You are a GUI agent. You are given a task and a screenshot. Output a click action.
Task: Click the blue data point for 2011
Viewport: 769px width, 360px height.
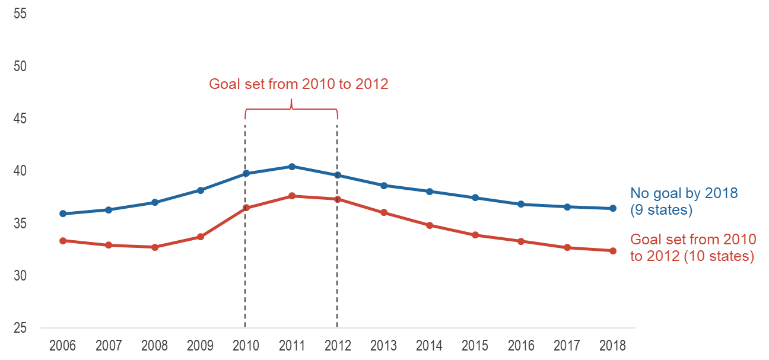(x=292, y=167)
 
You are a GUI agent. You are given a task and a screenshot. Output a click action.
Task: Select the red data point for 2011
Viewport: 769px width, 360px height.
(x=292, y=196)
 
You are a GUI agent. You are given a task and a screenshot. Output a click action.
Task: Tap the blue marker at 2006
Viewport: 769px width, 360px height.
(x=63, y=214)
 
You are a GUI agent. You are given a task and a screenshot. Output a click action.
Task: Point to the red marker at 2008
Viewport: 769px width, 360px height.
(x=155, y=247)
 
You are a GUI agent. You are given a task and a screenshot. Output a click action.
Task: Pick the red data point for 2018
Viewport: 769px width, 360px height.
(x=613, y=251)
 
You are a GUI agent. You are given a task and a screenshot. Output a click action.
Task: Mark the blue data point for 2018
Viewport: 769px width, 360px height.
(x=613, y=208)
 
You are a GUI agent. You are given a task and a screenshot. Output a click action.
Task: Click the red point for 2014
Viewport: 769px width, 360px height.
(x=430, y=225)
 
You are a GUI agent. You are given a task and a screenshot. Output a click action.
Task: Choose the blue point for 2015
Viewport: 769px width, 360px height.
(x=475, y=197)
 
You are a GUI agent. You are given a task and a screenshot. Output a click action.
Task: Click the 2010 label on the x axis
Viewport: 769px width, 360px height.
(x=246, y=346)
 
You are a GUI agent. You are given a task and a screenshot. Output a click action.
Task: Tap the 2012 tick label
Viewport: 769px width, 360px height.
(x=338, y=346)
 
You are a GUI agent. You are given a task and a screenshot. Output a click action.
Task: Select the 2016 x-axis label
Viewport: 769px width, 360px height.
(x=521, y=346)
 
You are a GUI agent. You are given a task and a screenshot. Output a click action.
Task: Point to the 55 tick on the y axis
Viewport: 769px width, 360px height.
(x=20, y=14)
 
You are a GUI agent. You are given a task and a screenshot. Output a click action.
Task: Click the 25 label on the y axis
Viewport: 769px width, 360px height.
(x=20, y=328)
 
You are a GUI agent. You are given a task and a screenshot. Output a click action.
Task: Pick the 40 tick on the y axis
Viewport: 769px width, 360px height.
(x=20, y=171)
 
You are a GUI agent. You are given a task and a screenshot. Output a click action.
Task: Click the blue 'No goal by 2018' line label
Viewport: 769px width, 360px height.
(x=684, y=193)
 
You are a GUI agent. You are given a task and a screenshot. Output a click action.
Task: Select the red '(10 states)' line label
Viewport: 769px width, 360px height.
(x=719, y=256)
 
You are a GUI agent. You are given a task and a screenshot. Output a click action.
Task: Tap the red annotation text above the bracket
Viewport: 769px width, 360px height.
(x=298, y=84)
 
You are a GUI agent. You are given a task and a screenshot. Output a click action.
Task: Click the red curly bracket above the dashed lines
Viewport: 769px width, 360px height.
(x=291, y=109)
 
